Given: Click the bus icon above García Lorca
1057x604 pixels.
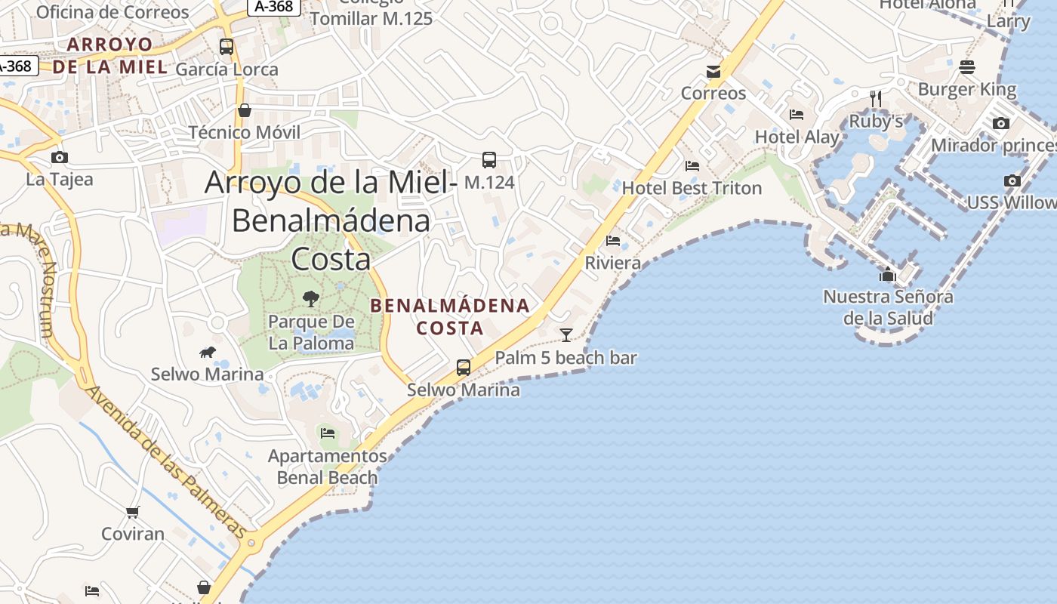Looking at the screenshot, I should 226,46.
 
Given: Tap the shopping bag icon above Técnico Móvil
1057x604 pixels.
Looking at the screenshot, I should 244,110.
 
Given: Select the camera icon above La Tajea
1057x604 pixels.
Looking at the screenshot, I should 59,157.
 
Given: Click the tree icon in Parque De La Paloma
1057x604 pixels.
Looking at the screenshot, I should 310,299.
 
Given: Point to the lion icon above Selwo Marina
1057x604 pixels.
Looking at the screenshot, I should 208,352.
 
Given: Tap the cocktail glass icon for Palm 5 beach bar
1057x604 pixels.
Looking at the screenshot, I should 566,334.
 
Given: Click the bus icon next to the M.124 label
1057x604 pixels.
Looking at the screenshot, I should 489,160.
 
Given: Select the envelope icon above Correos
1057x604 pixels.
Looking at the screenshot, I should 713,72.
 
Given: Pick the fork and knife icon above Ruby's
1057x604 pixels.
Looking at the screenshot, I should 875,99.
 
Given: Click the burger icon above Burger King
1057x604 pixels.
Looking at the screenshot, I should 967,67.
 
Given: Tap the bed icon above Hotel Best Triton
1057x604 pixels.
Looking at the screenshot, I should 692,165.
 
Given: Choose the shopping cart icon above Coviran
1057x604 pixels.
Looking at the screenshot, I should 133,513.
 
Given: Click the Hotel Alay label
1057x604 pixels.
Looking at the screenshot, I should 797,137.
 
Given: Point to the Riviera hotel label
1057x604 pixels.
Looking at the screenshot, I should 613,263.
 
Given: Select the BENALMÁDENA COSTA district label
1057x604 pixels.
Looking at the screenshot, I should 450,316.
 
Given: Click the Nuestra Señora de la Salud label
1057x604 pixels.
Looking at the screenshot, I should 888,307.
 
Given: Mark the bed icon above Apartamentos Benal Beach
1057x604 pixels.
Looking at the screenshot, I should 328,433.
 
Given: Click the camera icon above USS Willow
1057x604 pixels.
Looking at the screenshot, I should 1012,180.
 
